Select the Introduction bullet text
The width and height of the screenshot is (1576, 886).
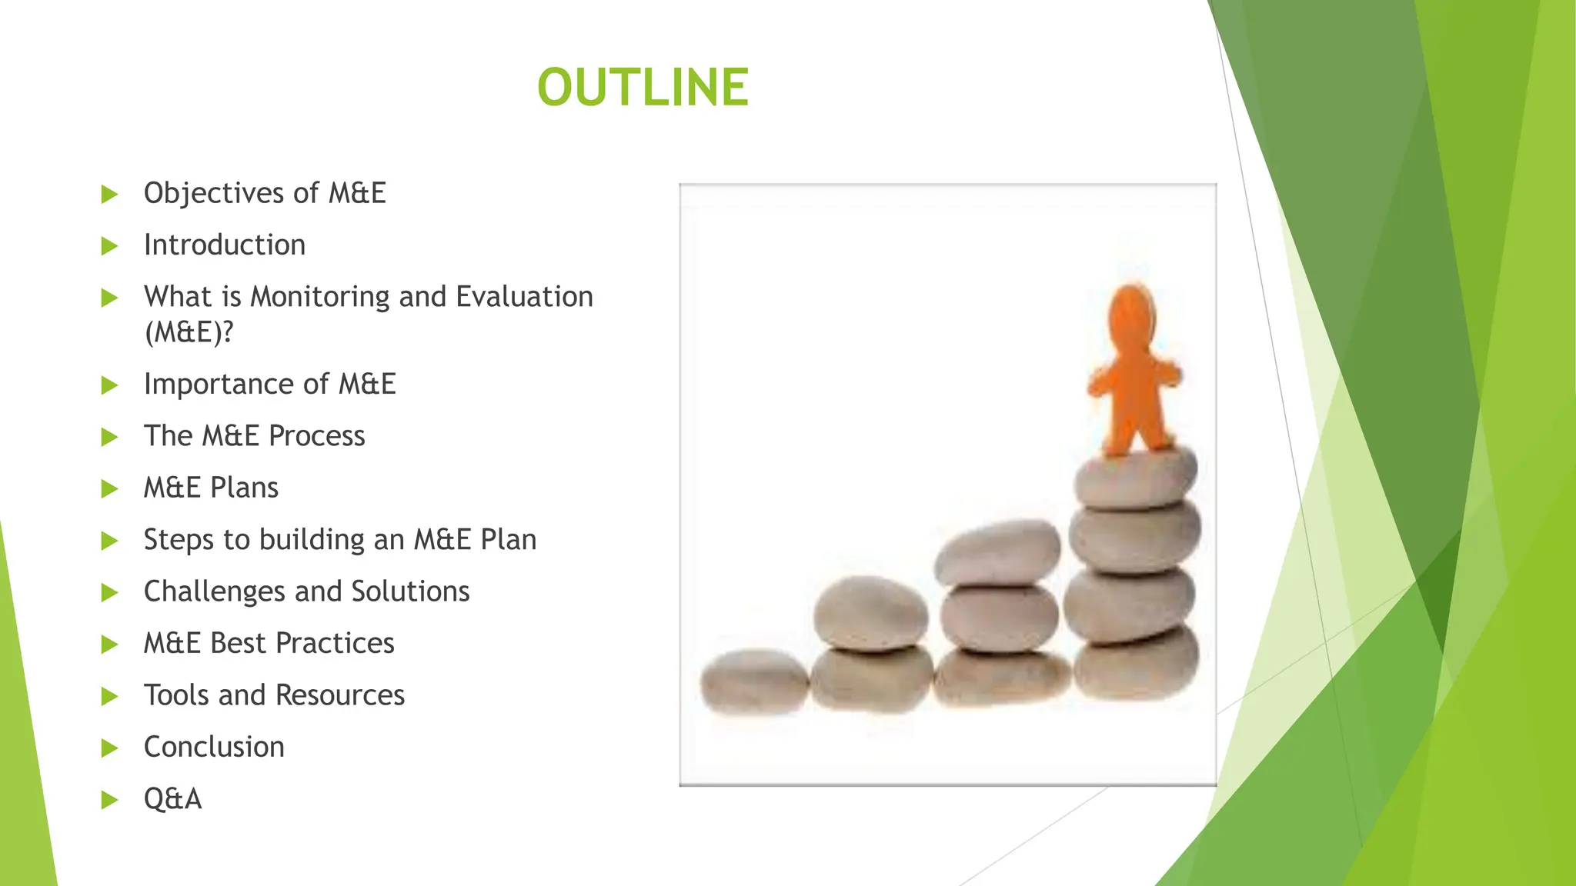[x=225, y=245]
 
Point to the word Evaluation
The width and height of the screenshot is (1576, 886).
[x=524, y=297]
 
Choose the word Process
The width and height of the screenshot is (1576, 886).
[x=316, y=436]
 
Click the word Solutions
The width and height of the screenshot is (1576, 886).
[x=410, y=591]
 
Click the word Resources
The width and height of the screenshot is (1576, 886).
[x=339, y=695]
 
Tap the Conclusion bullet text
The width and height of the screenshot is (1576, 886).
[x=214, y=747]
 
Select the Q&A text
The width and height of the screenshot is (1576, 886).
[x=172, y=799]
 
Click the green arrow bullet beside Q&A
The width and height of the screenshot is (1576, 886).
[x=109, y=800]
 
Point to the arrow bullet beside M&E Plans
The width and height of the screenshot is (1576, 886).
[x=109, y=488]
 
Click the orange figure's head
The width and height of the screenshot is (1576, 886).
[x=1132, y=311]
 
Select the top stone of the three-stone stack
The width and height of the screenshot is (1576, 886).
[x=997, y=551]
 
